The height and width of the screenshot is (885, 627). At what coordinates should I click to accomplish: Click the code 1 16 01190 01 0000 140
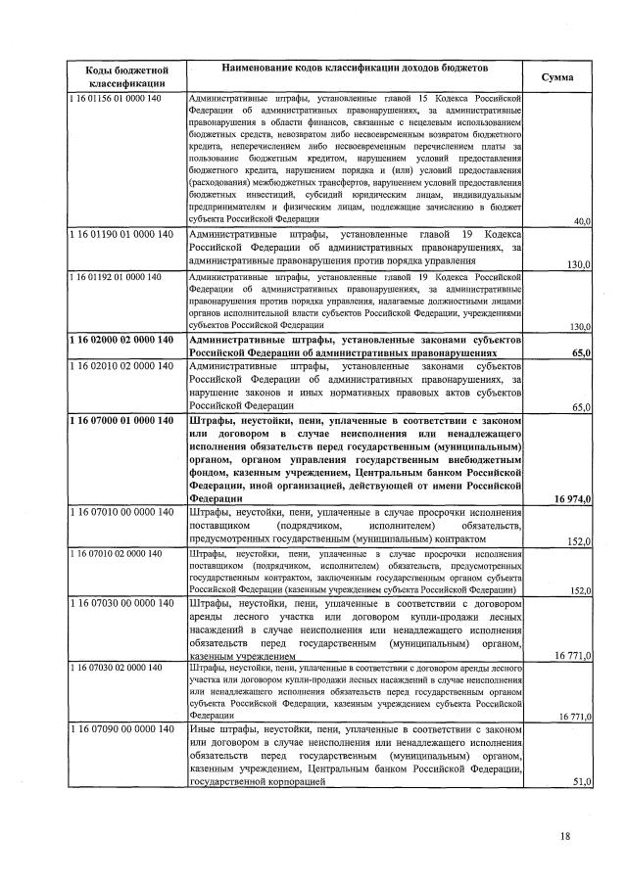pos(121,236)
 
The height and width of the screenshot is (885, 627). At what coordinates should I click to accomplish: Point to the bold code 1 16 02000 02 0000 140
pos(121,339)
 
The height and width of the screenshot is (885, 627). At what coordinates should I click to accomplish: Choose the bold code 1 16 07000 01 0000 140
pos(121,421)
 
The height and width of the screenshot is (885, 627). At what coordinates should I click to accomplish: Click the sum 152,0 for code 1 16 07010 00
pos(579,540)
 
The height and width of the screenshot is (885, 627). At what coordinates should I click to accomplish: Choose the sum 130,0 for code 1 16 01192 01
pos(579,326)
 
